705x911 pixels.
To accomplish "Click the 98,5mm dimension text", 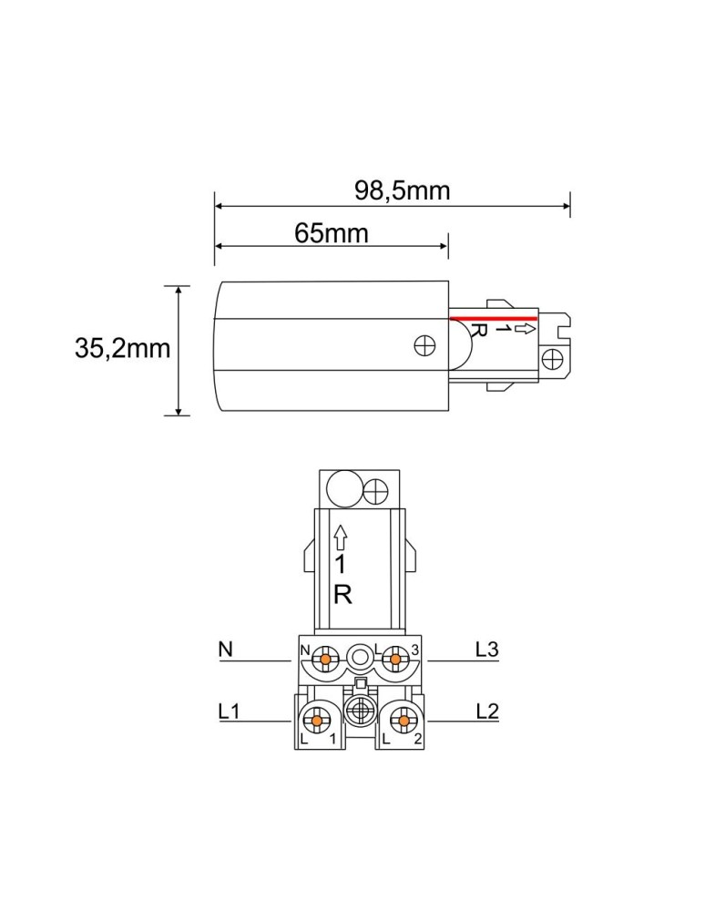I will (x=402, y=190).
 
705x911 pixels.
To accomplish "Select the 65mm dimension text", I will (x=332, y=233).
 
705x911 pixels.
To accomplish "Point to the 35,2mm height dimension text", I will (x=123, y=348).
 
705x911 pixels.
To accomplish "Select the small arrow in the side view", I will (x=525, y=328).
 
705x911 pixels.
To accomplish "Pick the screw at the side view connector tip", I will (x=552, y=358).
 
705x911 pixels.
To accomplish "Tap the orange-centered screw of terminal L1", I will (x=315, y=721).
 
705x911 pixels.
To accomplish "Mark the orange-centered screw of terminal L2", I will (x=400, y=721).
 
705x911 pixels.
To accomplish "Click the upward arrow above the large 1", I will (x=342, y=536).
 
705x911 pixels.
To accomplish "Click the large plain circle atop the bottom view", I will (x=343, y=490).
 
